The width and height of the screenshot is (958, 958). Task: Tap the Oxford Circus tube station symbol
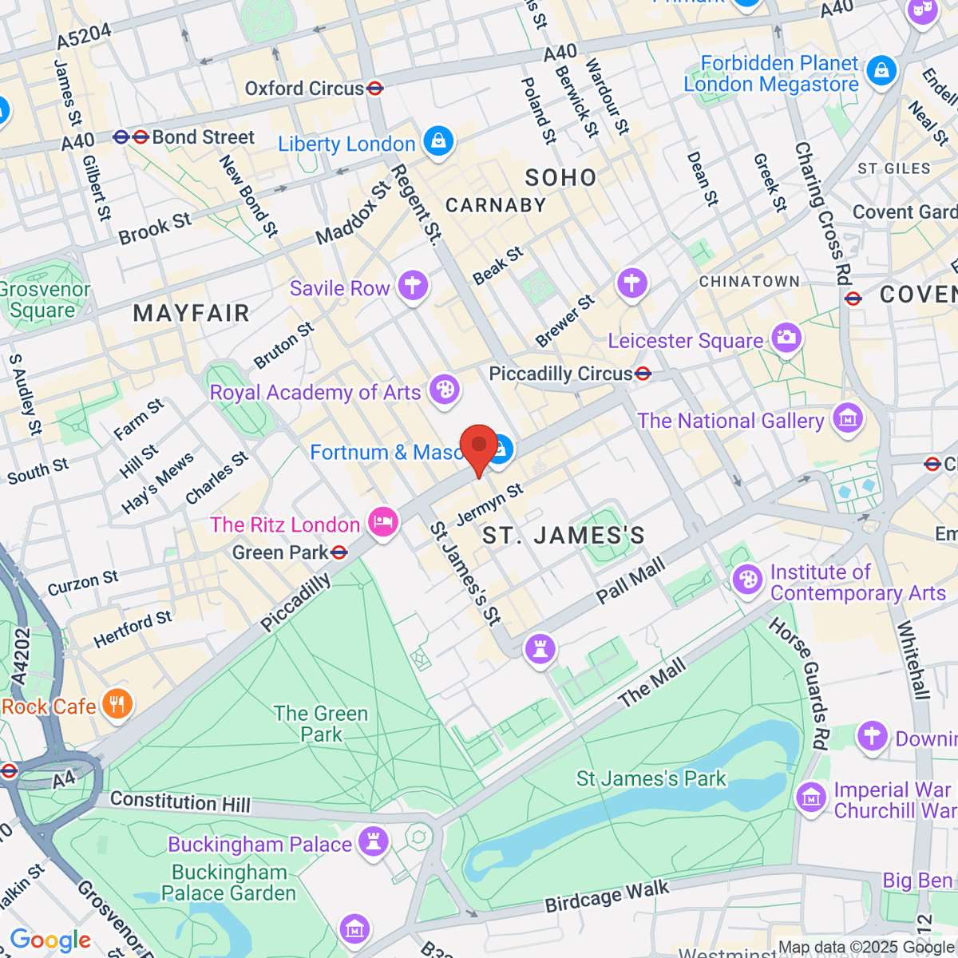[x=374, y=89]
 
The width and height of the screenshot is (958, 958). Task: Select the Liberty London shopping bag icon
[x=438, y=141]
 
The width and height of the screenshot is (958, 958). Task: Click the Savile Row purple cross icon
[x=413, y=285]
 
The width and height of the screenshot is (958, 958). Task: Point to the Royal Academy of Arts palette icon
[x=445, y=390]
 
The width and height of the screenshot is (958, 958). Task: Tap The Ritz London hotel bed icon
[x=383, y=524]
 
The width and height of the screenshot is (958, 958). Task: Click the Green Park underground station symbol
[x=339, y=552]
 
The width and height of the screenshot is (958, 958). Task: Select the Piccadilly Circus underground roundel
[x=643, y=374]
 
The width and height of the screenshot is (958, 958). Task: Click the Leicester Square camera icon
[x=786, y=338]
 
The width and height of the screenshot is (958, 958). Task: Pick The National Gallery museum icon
[x=847, y=418]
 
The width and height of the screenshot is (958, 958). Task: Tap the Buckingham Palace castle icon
[x=373, y=841]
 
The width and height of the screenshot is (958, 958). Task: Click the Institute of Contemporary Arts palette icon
[x=748, y=580]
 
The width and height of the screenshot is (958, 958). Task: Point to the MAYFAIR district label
[x=192, y=313]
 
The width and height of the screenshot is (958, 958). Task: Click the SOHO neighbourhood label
[x=560, y=177]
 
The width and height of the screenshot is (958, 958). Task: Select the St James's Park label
[x=651, y=778]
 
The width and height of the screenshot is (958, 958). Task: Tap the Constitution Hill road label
[x=180, y=802]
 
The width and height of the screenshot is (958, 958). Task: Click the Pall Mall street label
[x=631, y=581]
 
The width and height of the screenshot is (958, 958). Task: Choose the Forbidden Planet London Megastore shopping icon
[x=881, y=71]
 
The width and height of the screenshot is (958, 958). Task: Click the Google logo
[x=50, y=940]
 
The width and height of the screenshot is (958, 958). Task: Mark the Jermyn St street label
[x=489, y=505]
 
